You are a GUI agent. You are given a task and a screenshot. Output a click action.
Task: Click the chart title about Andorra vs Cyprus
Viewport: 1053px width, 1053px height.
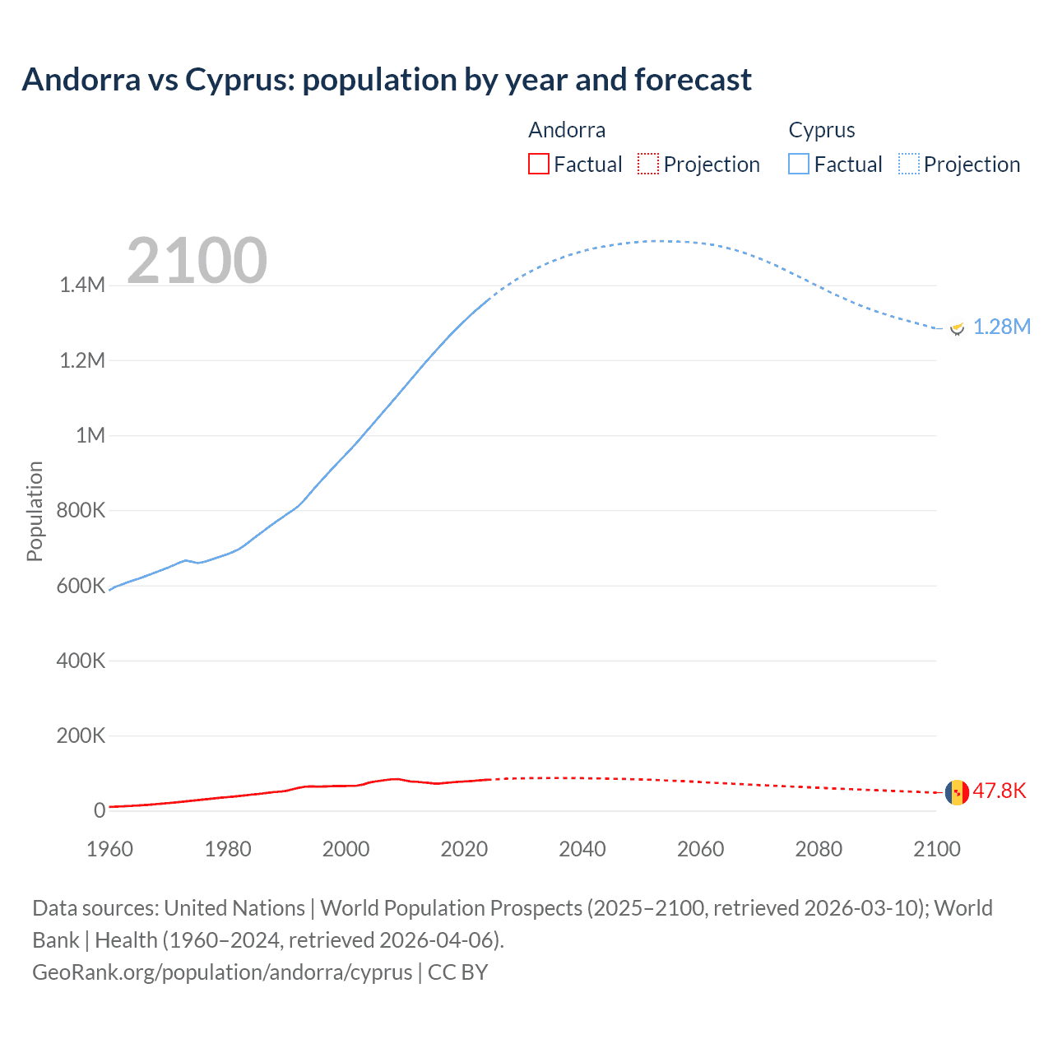[387, 80]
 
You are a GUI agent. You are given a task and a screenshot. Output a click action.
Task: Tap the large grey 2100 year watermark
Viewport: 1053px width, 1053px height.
[197, 261]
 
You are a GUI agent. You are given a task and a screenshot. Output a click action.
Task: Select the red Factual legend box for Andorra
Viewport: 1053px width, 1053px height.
[538, 164]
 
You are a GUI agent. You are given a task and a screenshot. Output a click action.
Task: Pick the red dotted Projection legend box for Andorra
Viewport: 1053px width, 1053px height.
[648, 164]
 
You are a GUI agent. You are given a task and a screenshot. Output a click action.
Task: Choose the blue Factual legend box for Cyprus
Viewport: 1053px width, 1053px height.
[799, 164]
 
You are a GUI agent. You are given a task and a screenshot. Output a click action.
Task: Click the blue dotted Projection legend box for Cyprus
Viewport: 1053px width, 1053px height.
[909, 164]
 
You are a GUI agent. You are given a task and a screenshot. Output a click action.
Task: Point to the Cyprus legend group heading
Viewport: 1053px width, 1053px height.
[822, 130]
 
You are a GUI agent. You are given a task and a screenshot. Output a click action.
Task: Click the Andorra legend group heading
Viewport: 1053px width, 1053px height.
[567, 130]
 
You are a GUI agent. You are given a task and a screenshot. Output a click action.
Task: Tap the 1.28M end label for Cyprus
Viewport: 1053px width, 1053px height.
[1001, 327]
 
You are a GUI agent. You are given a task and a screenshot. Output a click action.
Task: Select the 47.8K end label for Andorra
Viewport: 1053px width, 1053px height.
[1000, 791]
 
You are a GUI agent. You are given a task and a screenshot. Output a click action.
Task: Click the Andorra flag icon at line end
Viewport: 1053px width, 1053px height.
[957, 792]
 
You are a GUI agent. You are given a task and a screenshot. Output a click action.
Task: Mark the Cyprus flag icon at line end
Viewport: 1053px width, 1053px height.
[957, 327]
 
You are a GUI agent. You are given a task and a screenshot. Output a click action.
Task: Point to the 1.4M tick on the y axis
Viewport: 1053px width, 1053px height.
[82, 285]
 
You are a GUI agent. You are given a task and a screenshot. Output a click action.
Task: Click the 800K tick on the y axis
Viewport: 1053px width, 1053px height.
[81, 510]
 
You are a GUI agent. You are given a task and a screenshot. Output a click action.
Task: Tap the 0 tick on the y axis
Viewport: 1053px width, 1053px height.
[100, 810]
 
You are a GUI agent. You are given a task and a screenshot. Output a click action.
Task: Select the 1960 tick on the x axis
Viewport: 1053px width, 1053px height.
[109, 849]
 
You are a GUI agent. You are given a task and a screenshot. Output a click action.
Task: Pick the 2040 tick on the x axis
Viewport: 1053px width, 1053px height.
[582, 849]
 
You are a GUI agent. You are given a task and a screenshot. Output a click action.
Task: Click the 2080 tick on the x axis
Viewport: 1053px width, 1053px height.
[819, 849]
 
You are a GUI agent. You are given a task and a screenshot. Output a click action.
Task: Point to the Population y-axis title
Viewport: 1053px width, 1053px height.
[35, 511]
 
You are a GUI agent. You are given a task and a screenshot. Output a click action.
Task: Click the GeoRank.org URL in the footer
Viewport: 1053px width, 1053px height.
[222, 972]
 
